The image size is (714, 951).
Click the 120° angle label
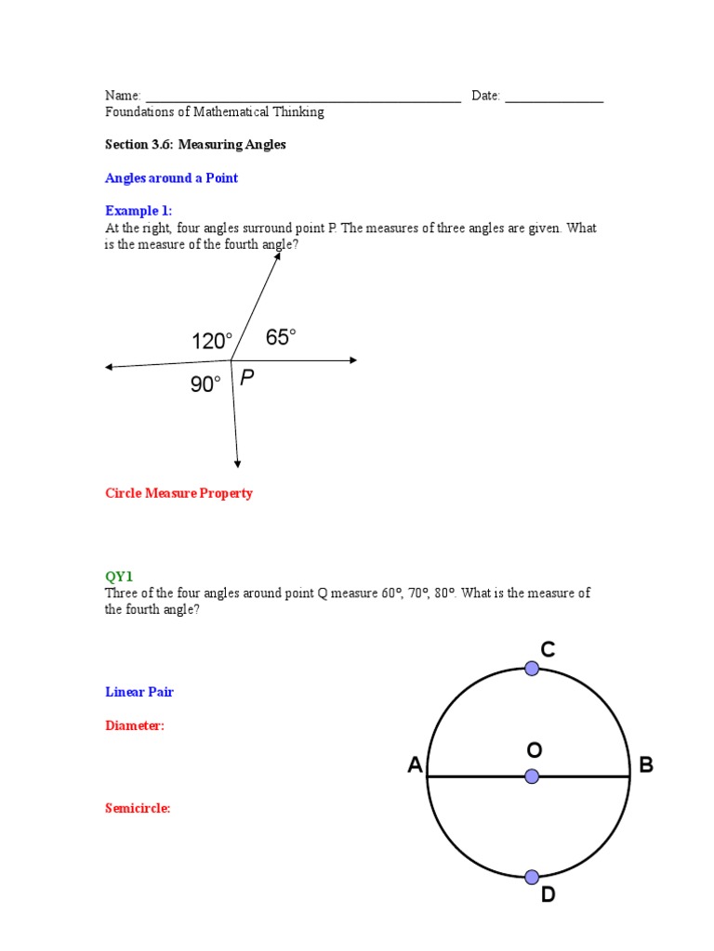pos(212,342)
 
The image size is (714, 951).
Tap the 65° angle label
pos(281,337)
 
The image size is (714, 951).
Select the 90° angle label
pos(205,384)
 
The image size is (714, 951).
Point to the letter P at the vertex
pos(246,377)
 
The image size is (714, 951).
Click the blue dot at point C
pos(532,668)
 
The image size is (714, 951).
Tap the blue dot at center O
pos(532,776)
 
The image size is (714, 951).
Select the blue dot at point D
pos(532,877)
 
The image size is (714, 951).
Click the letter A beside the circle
pos(415,765)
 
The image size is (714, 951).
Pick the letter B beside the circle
pos(646,765)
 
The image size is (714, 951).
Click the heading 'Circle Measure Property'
pos(178,493)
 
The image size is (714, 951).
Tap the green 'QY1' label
pos(120,576)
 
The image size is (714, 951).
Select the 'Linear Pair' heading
pos(139,692)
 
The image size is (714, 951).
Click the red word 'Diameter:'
pos(135,726)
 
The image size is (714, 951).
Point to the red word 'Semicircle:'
pos(138,809)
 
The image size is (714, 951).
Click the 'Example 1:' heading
pos(139,211)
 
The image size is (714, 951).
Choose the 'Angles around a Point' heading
pos(171,178)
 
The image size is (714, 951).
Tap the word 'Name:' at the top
pos(123,96)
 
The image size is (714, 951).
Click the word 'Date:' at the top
pos(485,96)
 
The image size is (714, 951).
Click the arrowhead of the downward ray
pos(238,463)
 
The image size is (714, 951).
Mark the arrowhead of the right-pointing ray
pos(353,360)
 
